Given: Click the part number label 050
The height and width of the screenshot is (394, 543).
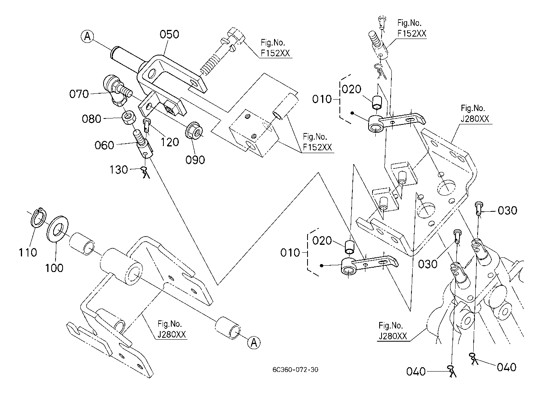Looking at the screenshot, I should click(x=169, y=35).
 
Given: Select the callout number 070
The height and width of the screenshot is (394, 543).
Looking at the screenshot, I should click(x=79, y=94).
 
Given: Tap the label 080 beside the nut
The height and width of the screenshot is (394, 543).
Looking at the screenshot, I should click(x=92, y=118).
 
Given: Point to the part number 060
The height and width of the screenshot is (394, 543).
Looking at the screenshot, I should click(x=104, y=145).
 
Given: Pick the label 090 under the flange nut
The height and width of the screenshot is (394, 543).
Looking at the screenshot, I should click(x=196, y=159).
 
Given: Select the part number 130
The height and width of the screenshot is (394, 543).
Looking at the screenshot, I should click(x=119, y=170).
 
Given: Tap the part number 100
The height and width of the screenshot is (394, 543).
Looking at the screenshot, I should click(x=54, y=268).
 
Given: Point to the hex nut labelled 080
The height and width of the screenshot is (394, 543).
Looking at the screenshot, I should click(x=129, y=117).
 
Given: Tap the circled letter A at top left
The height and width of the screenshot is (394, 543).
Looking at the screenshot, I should click(x=88, y=37).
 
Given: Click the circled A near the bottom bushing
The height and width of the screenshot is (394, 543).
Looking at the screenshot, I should click(x=254, y=342).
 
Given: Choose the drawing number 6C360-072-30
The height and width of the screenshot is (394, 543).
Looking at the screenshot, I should click(x=295, y=370).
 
